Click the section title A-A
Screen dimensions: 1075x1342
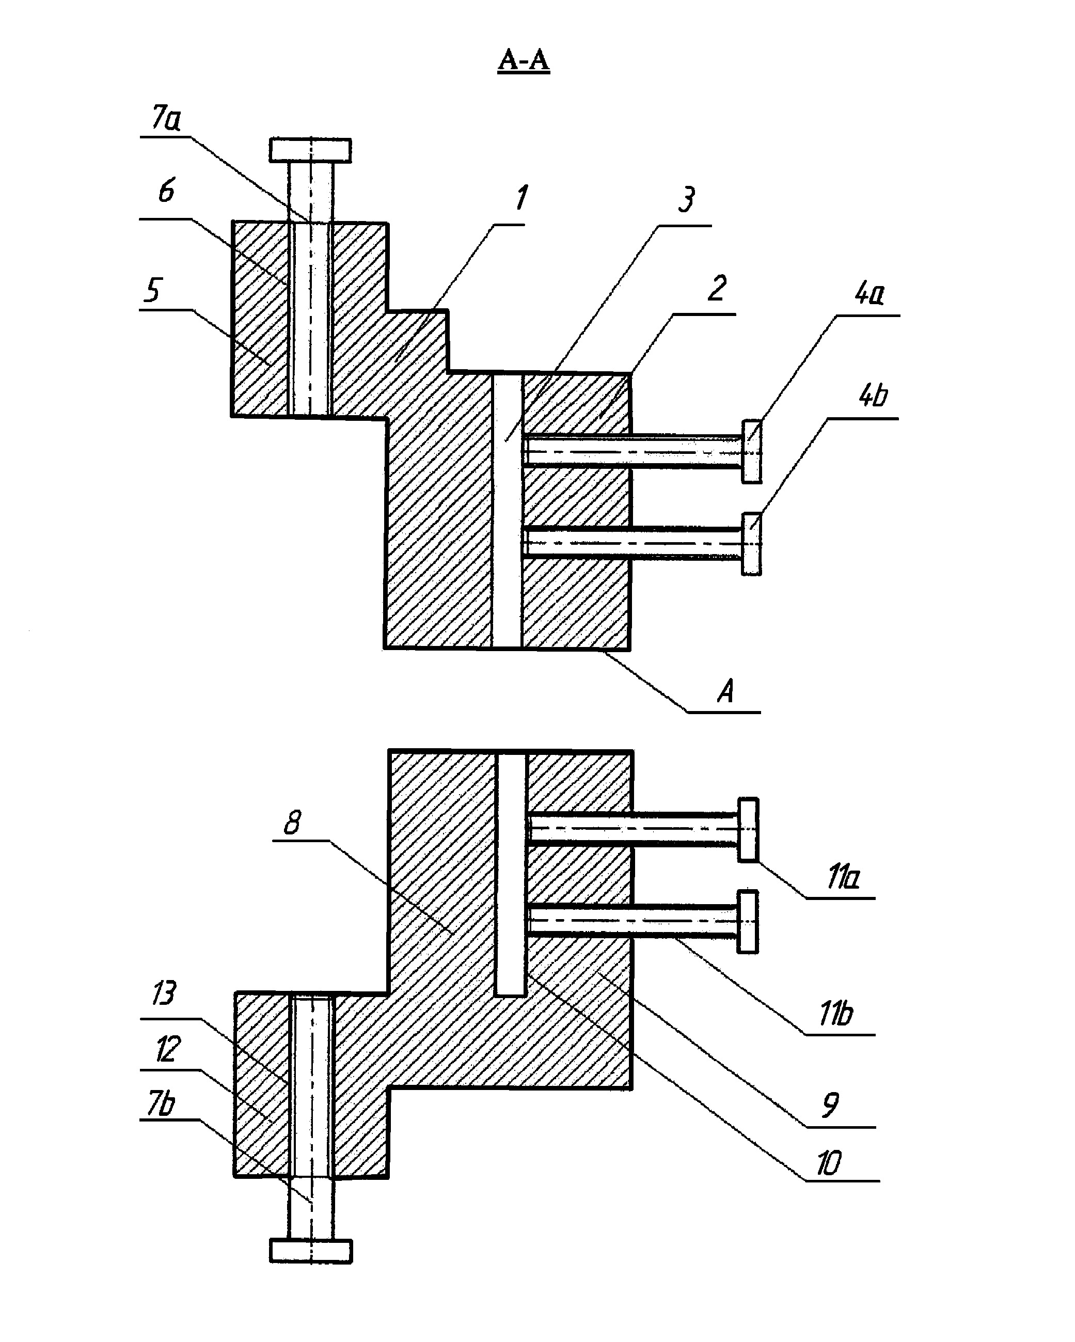[x=524, y=60]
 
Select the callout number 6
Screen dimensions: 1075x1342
[x=166, y=191]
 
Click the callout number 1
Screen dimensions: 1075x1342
[x=521, y=198]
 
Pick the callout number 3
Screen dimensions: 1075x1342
[x=687, y=200]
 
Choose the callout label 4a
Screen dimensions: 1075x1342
[x=870, y=293]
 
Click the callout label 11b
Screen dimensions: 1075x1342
[x=836, y=1015]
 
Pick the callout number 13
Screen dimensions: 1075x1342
[x=164, y=993]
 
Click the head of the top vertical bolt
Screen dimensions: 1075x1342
[x=310, y=150]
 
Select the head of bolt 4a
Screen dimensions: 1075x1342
[x=751, y=451]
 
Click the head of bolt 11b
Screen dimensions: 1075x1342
[x=748, y=921]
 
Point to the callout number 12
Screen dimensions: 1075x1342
[x=167, y=1049]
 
